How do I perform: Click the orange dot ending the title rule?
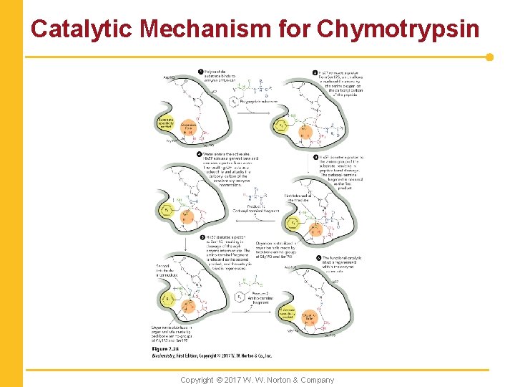[x=489, y=57]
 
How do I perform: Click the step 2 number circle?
[x=315, y=72]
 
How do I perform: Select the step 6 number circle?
[x=315, y=257]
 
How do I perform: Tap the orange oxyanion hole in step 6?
[x=308, y=317]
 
